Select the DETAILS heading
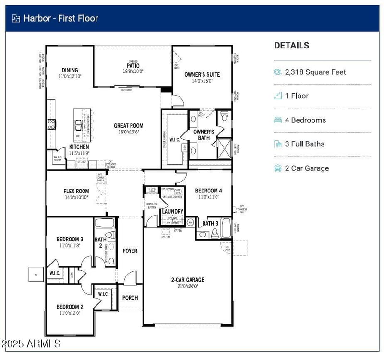pos(292,46)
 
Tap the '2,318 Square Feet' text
pos(315,72)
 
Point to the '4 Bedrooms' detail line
pos(305,120)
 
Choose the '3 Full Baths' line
pos(304,144)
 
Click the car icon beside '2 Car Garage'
pos(278,168)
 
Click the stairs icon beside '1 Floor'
pos(278,96)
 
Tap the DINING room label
pos(70,70)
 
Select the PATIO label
pos(133,66)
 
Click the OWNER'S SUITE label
pos(202,75)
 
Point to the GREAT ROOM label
pos(128,126)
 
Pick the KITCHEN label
pos(79,147)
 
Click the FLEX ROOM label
pos(76,191)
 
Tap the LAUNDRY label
pos(172,211)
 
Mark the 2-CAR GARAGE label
pos(188,280)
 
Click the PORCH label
pos(130,298)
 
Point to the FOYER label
pos(130,251)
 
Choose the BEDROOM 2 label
pos(70,307)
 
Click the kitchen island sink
pos(78,128)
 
